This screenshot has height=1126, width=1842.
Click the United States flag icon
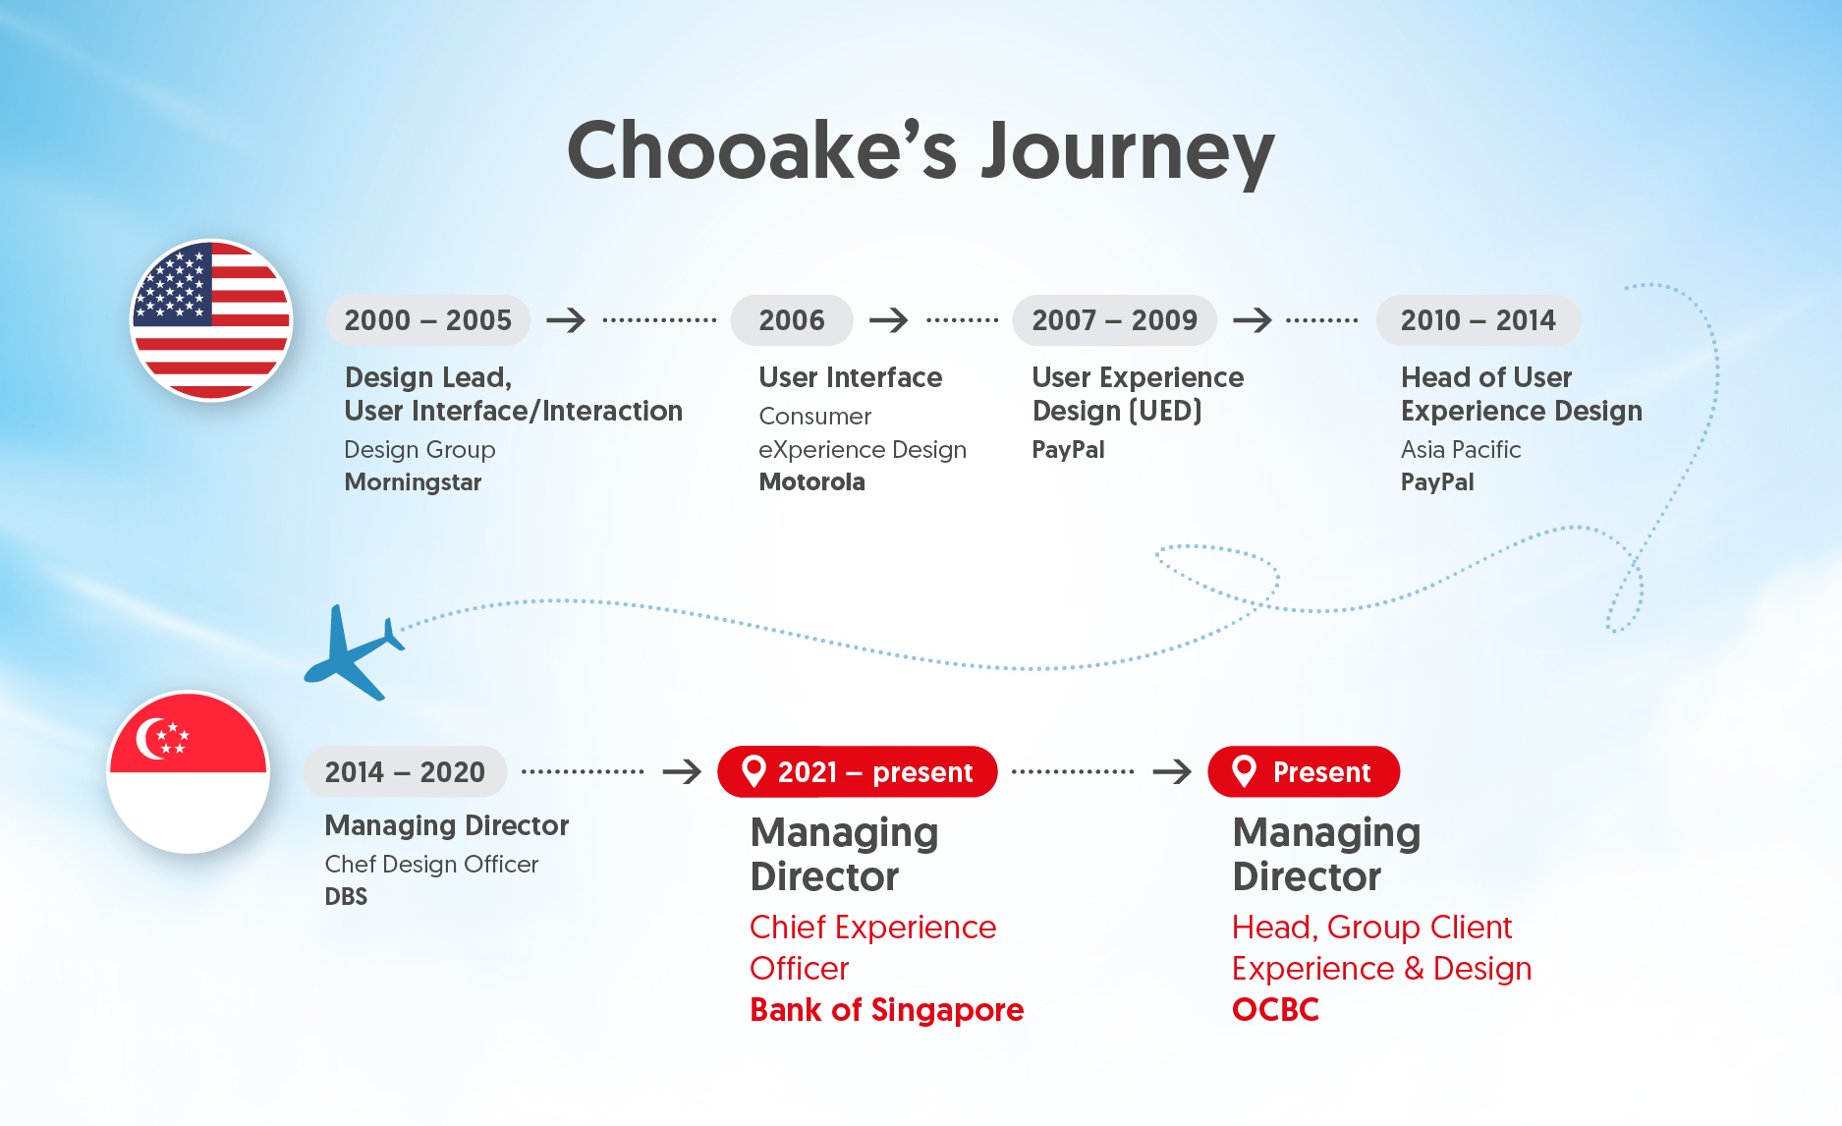211,320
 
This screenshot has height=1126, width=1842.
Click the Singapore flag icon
188,771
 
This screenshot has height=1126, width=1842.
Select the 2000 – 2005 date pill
427,320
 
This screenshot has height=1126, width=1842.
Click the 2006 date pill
791,320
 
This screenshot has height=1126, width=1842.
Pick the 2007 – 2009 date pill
1114,320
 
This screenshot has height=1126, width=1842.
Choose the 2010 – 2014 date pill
1478,320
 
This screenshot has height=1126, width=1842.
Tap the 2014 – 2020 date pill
405,772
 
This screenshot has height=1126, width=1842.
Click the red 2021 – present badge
857,772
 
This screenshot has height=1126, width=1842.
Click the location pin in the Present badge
1244,771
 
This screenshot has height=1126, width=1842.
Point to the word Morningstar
413,482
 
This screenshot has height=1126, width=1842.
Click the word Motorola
811,482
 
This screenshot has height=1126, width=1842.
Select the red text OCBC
1275,1010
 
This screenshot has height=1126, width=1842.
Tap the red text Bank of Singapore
886,1010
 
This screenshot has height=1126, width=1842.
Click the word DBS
346,897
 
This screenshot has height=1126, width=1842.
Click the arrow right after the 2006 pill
889,320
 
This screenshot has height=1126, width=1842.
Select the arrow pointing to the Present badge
1171,772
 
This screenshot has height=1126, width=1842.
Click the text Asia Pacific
1460,450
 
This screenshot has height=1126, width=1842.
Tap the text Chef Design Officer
431,865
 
